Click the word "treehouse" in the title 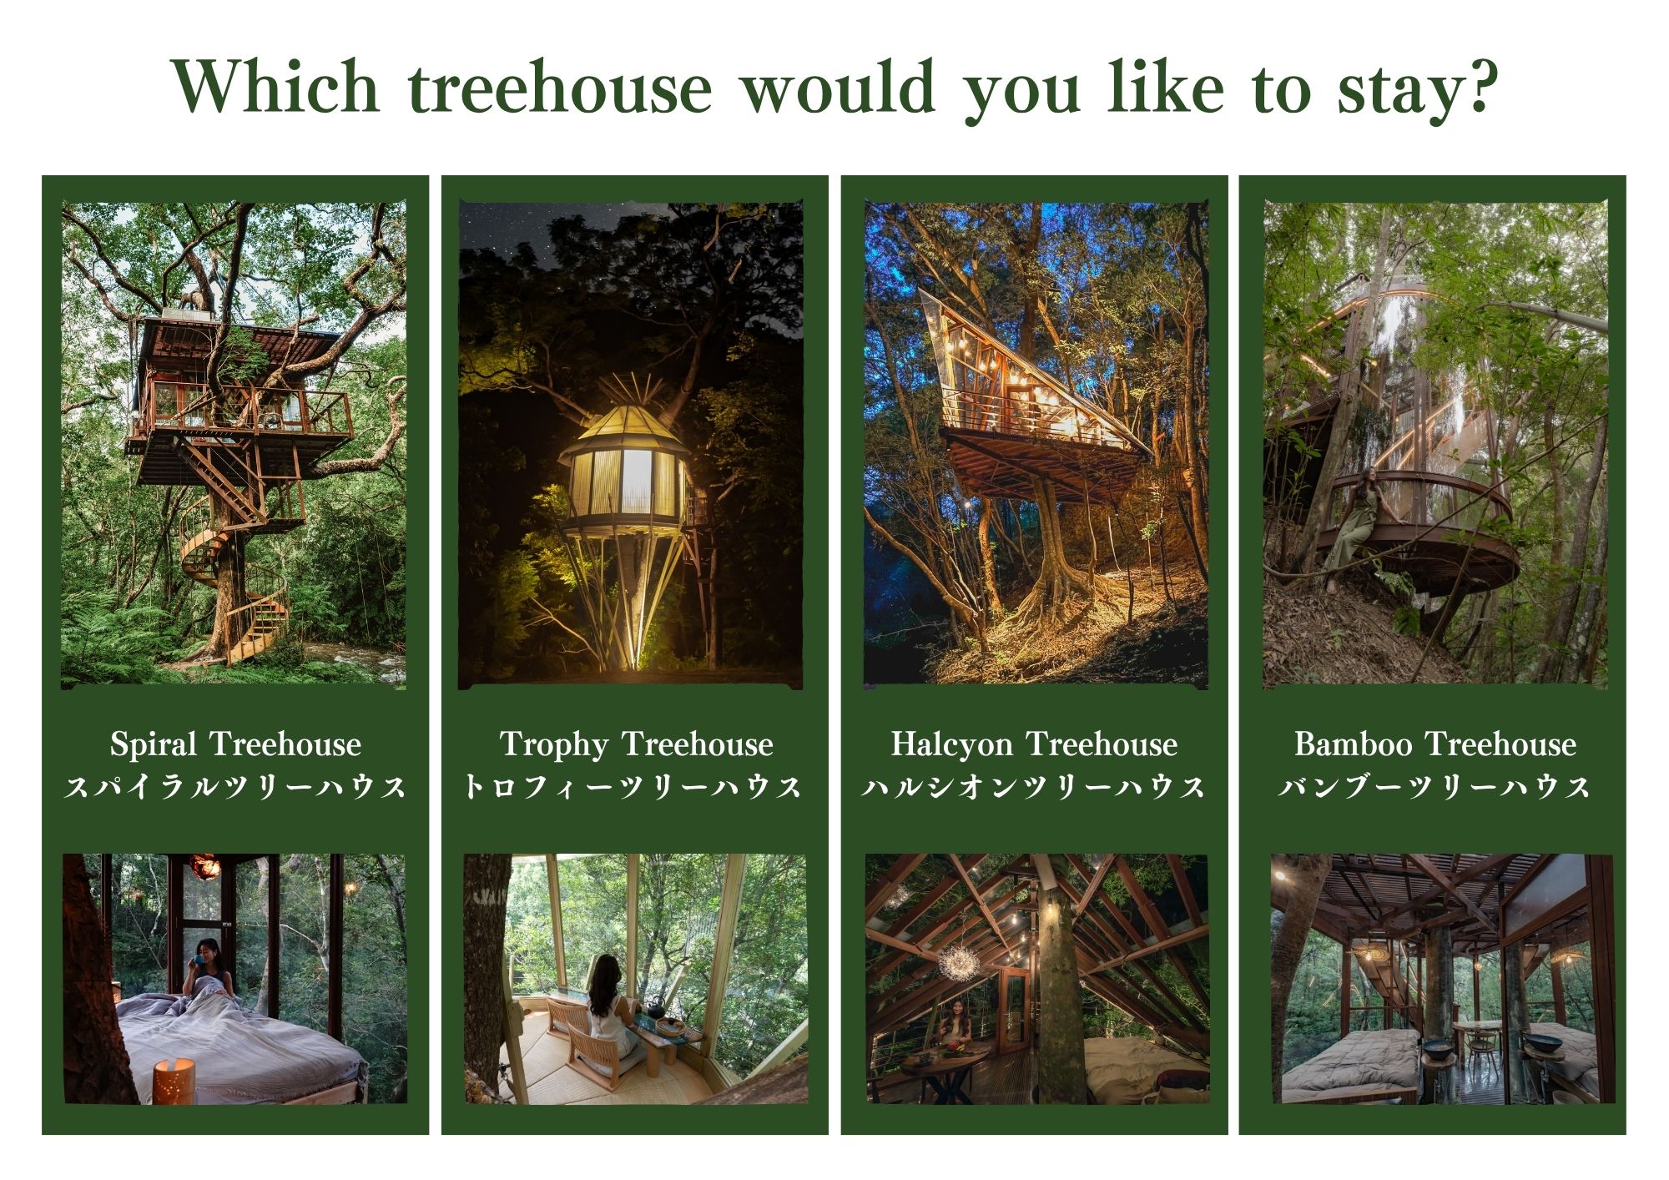pyautogui.click(x=560, y=87)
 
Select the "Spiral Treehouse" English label pyautogui.click(x=236, y=744)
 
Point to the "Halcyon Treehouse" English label pyautogui.click(x=1034, y=744)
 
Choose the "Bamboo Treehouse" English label pyautogui.click(x=1435, y=744)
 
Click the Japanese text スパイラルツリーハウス pyautogui.click(x=236, y=786)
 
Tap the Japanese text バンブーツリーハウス pyautogui.click(x=1435, y=786)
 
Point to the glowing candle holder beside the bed pyautogui.click(x=174, y=1081)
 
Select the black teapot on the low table pyautogui.click(x=656, y=1007)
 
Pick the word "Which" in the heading pyautogui.click(x=276, y=87)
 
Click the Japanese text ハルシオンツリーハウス pyautogui.click(x=1034, y=786)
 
